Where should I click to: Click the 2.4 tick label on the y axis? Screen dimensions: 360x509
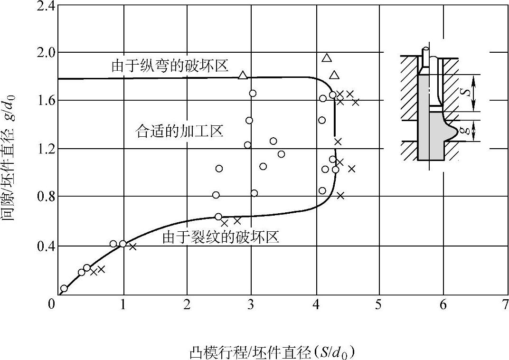43,6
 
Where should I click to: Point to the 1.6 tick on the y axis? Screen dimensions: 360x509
43,100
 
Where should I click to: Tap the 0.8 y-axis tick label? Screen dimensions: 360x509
43,197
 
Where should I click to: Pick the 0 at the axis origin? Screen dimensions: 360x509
52,304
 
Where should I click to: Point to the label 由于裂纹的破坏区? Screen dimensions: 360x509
220,237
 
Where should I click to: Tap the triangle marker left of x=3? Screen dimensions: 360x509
243,75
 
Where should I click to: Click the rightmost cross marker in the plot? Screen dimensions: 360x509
356,102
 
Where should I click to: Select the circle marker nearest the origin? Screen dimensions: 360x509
64,288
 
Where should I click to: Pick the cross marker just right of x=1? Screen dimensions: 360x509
132,246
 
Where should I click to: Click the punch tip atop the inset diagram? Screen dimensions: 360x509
426,49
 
